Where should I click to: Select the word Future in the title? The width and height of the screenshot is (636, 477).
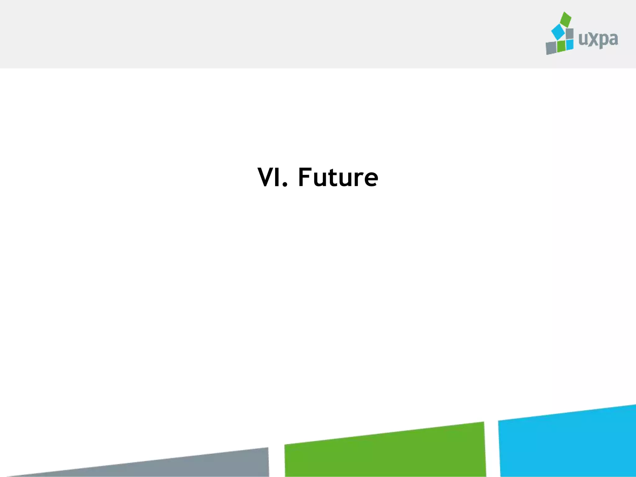[x=338, y=177]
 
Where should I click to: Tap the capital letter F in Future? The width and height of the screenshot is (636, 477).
[x=305, y=177]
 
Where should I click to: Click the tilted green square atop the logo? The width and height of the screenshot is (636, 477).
[x=566, y=19]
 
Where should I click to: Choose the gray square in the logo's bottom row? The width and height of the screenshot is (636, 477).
[x=551, y=48]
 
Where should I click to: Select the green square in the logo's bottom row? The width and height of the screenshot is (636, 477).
[x=561, y=46]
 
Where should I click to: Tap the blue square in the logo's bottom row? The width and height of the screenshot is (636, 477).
[x=570, y=44]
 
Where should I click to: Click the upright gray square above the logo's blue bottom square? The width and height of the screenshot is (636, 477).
[x=570, y=34]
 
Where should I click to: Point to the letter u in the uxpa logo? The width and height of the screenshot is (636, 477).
[x=583, y=40]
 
